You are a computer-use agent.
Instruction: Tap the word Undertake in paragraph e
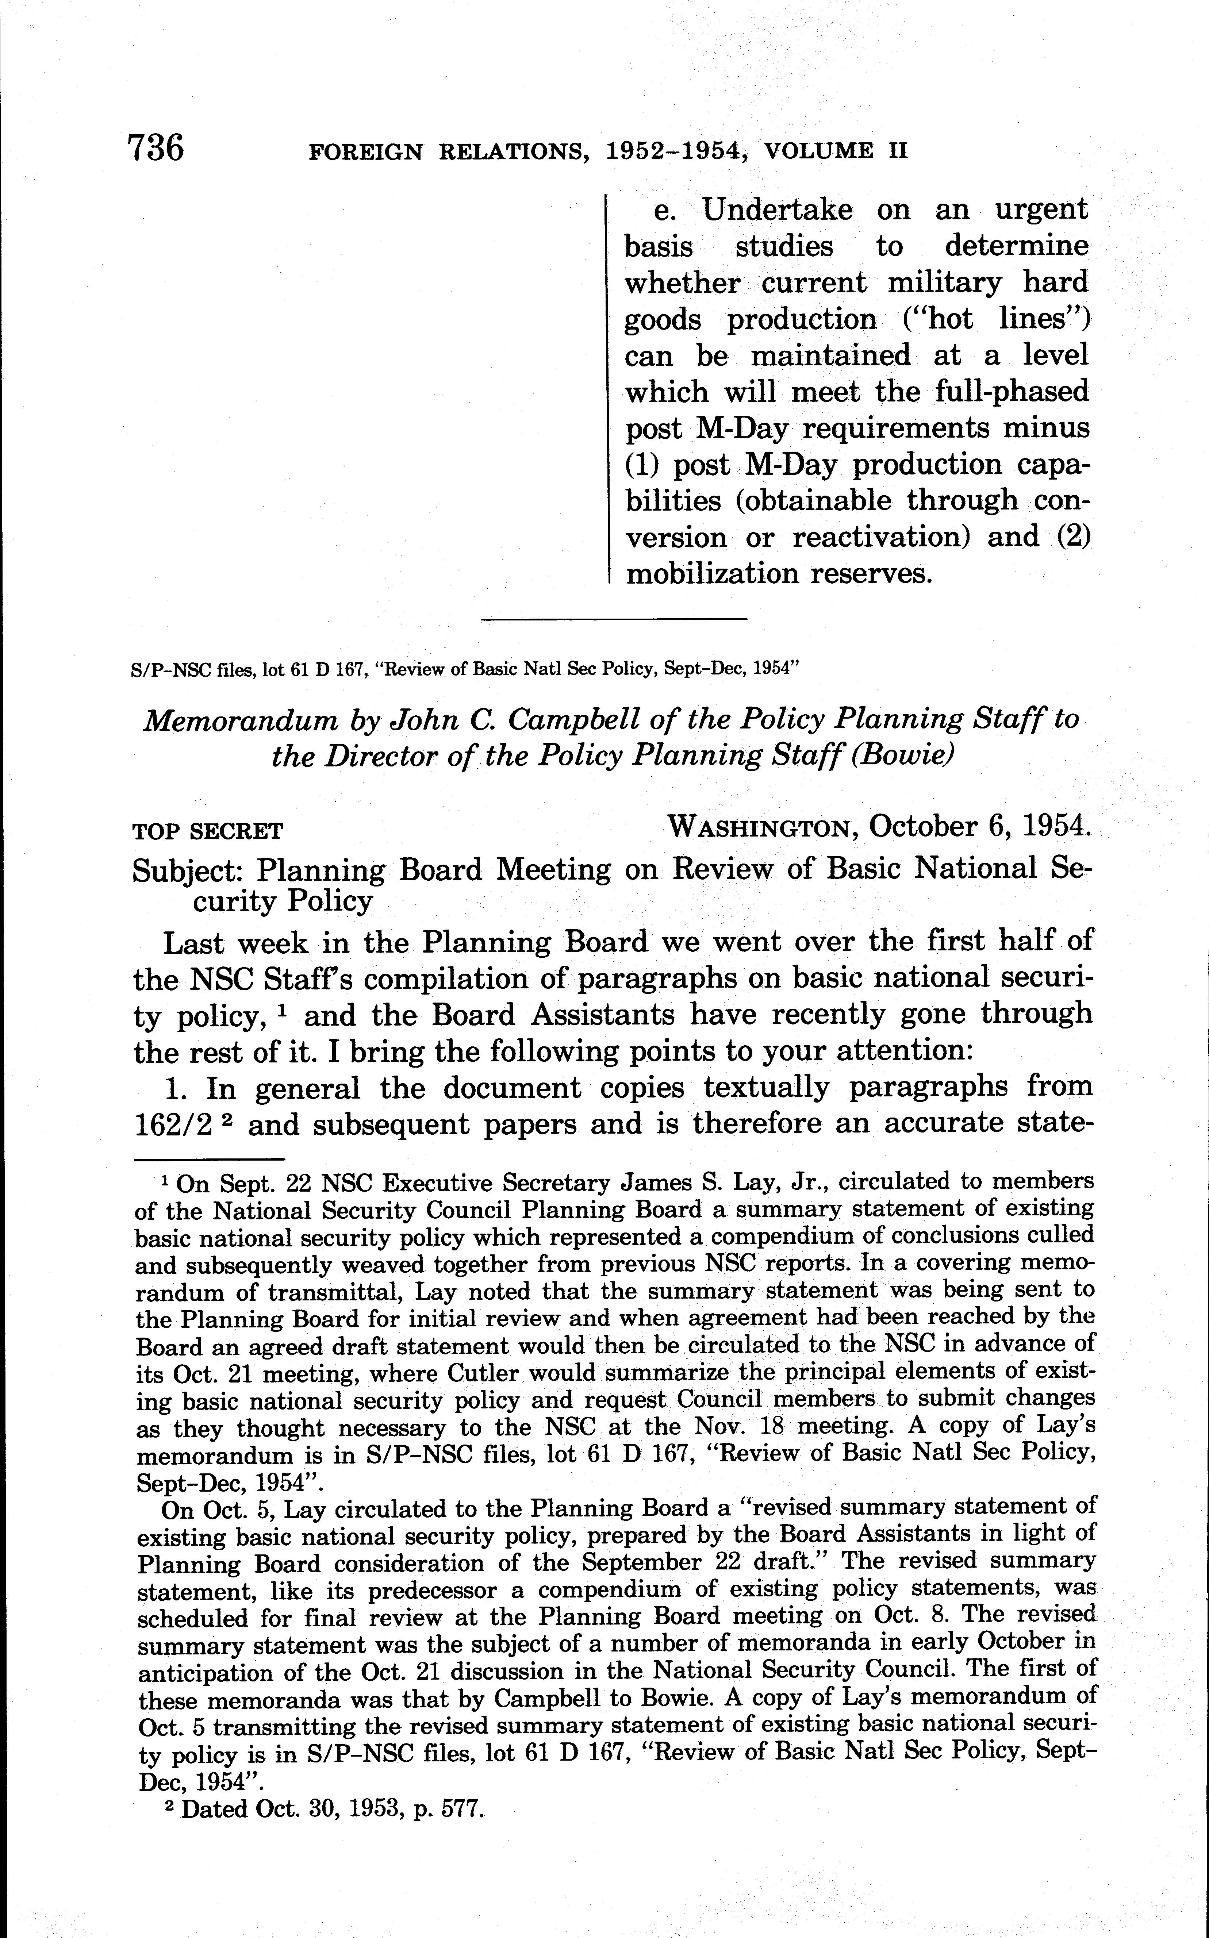[x=777, y=210]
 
